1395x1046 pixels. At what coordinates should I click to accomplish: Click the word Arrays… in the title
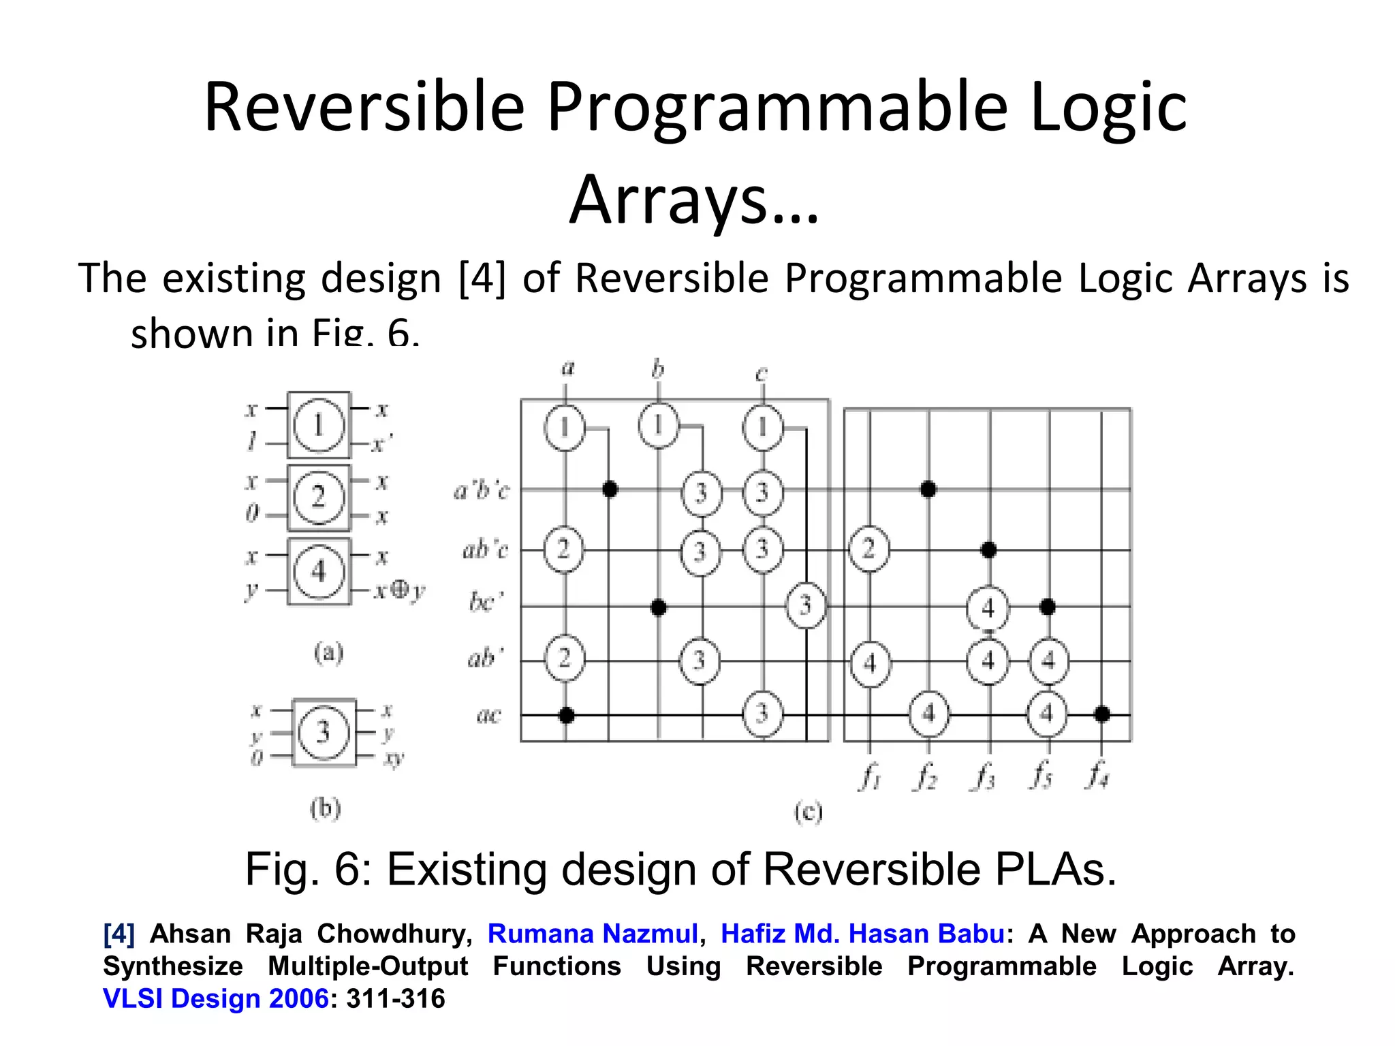pyautogui.click(x=694, y=200)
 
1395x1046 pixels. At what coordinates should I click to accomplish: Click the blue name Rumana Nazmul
pyautogui.click(x=593, y=934)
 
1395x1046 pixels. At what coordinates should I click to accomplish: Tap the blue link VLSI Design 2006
pyautogui.click(x=216, y=998)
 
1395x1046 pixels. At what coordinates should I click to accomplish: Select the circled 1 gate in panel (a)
pyautogui.click(x=318, y=426)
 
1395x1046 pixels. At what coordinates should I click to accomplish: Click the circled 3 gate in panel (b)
pyautogui.click(x=323, y=732)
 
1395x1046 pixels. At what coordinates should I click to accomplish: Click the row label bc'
pyautogui.click(x=486, y=602)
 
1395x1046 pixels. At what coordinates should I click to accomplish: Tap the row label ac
pyautogui.click(x=488, y=716)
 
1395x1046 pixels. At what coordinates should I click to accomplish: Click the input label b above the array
pyautogui.click(x=657, y=369)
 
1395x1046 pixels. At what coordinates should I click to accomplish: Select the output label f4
pyautogui.click(x=1097, y=776)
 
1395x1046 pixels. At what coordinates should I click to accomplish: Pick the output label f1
pyautogui.click(x=869, y=776)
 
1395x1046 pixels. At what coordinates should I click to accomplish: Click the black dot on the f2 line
pyautogui.click(x=928, y=489)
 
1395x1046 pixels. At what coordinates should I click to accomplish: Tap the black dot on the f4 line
pyautogui.click(x=1101, y=714)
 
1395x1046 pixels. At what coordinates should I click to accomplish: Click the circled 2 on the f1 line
pyautogui.click(x=868, y=549)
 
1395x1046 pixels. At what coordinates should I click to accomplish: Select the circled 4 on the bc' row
pyautogui.click(x=988, y=607)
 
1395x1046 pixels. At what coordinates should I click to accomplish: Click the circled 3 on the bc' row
pyautogui.click(x=805, y=605)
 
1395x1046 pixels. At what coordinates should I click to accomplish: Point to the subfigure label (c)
pyautogui.click(x=809, y=812)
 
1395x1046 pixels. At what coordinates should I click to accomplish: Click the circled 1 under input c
pyautogui.click(x=762, y=428)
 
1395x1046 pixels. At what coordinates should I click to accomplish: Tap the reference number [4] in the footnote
pyautogui.click(x=119, y=934)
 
